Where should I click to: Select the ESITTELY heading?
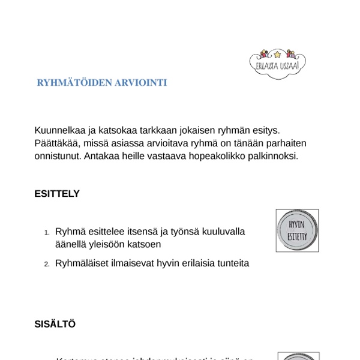(57, 194)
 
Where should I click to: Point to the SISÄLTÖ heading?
(55, 324)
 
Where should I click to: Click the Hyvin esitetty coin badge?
(297, 230)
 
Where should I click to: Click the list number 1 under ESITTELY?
(47, 232)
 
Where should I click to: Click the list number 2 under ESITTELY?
(47, 264)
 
